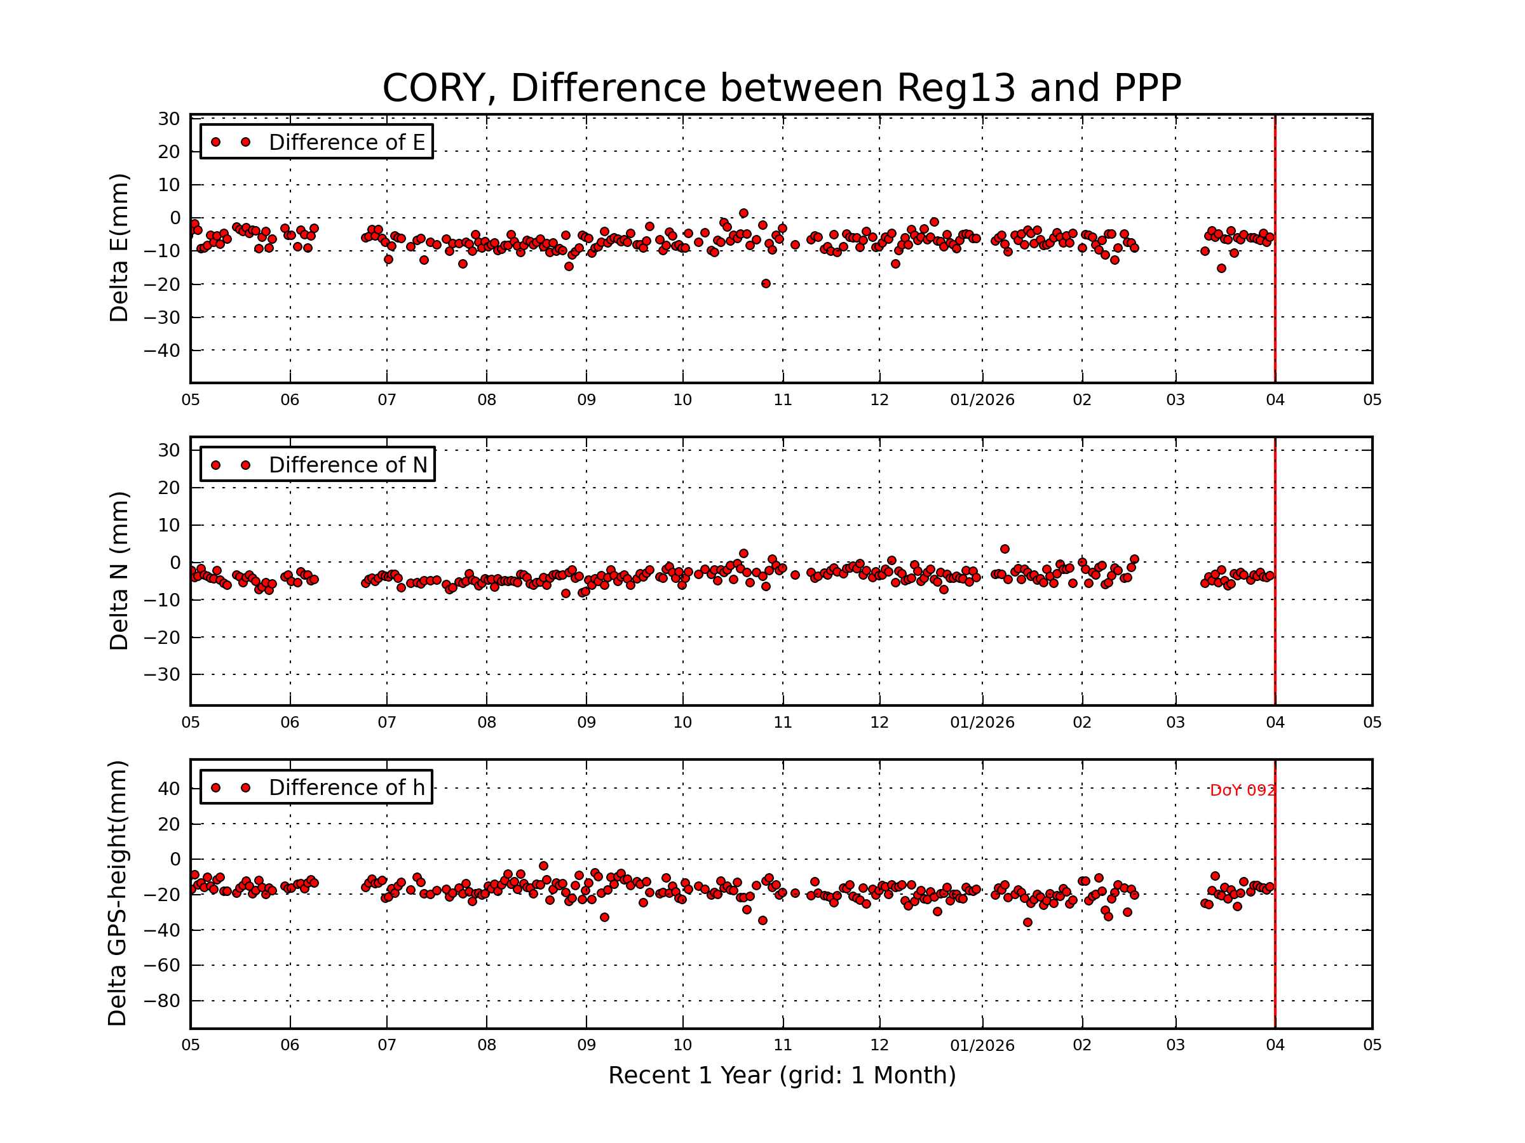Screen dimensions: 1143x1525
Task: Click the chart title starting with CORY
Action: pos(781,88)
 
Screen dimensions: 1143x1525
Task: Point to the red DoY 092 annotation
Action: pos(1242,790)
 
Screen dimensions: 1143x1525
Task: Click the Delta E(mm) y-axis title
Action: pos(119,248)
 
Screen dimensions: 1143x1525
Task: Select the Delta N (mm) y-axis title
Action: pos(119,570)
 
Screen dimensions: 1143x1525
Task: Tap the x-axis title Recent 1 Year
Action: pos(781,1075)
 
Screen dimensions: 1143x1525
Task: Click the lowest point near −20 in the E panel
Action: pos(765,284)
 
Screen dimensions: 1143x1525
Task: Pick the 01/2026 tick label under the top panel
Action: pos(982,400)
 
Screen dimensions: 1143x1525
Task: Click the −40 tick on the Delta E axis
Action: pos(161,351)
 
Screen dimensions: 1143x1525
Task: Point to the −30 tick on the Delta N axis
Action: pos(161,674)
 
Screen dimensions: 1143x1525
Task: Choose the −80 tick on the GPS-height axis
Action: pos(161,1000)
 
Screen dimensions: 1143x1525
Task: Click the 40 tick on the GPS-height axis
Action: pos(168,788)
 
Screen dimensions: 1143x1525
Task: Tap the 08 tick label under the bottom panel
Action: pos(486,1045)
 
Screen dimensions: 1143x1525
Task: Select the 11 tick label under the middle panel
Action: pos(782,723)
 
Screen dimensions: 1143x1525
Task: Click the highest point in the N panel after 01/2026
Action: pos(1005,549)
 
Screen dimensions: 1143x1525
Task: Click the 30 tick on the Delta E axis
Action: pos(168,119)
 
